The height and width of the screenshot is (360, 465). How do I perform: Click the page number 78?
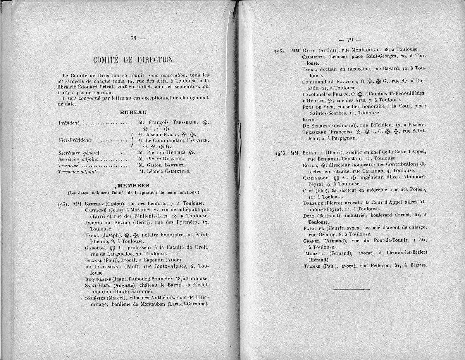(x=133, y=38)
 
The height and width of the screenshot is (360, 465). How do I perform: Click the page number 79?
(x=350, y=39)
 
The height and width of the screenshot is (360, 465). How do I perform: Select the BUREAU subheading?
(x=133, y=112)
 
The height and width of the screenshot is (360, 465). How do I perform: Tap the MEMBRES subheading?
(x=133, y=185)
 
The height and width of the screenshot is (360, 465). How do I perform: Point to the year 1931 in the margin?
(x=64, y=204)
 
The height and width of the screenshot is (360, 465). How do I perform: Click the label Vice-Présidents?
(x=75, y=140)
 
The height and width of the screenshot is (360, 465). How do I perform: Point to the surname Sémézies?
(x=96, y=298)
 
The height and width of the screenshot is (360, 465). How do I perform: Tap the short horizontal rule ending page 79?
(x=351, y=289)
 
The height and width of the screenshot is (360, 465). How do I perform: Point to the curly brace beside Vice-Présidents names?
(x=133, y=140)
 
